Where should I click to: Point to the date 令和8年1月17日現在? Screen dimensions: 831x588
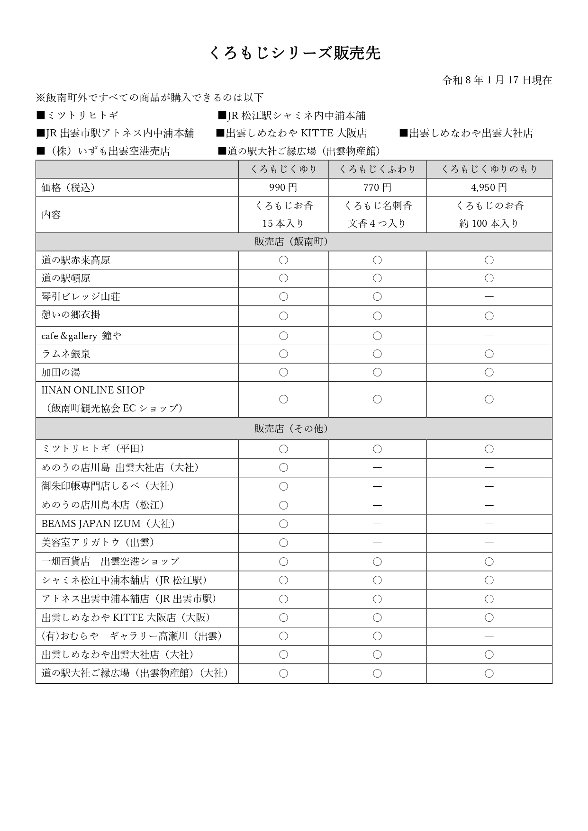click(x=497, y=80)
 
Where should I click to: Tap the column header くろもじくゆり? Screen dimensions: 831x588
click(x=283, y=169)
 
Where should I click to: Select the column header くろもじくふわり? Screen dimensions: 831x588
click(x=377, y=169)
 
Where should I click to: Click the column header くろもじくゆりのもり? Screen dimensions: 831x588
click(x=489, y=169)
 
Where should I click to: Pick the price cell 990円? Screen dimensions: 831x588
click(x=283, y=188)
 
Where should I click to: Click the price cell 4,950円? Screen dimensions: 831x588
click(x=489, y=188)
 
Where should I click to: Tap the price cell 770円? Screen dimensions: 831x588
click(x=377, y=188)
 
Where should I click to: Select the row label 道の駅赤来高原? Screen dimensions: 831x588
click(x=76, y=260)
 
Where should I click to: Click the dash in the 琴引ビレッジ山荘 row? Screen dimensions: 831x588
click(x=489, y=297)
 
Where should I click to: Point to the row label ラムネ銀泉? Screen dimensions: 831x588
click(x=66, y=354)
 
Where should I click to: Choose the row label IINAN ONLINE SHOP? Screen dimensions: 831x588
click(x=93, y=390)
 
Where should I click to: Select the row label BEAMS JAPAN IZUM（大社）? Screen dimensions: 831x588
click(x=108, y=524)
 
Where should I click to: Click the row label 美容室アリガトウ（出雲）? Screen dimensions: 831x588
click(x=98, y=543)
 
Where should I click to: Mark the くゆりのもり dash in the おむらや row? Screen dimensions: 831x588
click(x=489, y=636)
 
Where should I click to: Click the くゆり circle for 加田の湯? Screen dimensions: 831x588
click(x=283, y=372)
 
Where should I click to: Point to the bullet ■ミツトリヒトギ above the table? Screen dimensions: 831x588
click(x=78, y=116)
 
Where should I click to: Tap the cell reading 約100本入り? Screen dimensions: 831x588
click(x=489, y=223)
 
